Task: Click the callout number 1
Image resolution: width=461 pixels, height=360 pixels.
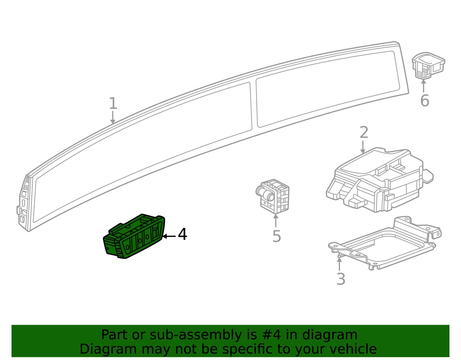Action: [x=113, y=103]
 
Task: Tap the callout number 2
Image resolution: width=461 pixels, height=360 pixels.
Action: [x=364, y=132]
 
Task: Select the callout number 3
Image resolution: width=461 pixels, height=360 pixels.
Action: [x=341, y=279]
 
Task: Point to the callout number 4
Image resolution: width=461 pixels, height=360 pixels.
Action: [x=182, y=234]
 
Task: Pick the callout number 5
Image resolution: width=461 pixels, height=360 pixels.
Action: [x=277, y=236]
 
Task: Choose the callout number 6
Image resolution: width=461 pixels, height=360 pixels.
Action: [x=425, y=101]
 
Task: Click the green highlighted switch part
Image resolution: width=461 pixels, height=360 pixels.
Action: [x=134, y=236]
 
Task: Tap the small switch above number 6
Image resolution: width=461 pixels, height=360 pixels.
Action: [x=428, y=65]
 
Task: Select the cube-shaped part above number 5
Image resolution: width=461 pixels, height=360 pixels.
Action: [x=273, y=196]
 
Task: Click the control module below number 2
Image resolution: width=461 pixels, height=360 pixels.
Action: [x=380, y=180]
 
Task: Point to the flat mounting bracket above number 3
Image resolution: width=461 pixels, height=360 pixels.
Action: [x=384, y=243]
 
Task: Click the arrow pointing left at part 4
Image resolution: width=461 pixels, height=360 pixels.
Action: [x=169, y=236]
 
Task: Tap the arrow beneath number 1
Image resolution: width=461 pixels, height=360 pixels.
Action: [x=113, y=118]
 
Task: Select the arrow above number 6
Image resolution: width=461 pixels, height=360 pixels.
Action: [x=424, y=86]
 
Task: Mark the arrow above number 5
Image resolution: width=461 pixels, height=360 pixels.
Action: [x=275, y=220]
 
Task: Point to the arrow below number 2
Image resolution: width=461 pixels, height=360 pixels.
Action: [x=363, y=147]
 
